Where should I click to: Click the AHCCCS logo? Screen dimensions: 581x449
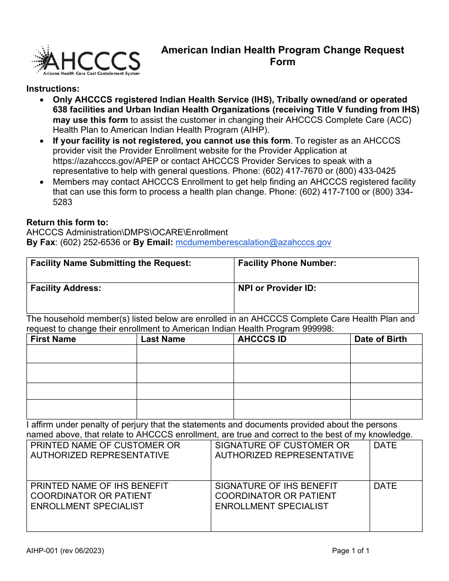(86, 60)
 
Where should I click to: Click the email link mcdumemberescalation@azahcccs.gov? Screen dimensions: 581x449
(253, 242)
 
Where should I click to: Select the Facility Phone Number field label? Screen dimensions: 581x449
(287, 264)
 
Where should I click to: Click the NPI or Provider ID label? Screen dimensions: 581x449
(277, 288)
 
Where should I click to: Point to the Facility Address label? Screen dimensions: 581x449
(66, 288)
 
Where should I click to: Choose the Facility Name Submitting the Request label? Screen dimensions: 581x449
(111, 264)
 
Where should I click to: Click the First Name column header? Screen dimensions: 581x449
(53, 339)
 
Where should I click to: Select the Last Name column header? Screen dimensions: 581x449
(163, 339)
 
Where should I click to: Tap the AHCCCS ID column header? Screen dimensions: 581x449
(262, 339)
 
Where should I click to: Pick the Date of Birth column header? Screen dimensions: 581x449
(380, 339)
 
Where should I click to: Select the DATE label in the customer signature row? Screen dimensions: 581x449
(385, 445)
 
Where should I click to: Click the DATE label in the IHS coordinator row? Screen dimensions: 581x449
(385, 486)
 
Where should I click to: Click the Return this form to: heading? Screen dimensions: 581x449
(67, 222)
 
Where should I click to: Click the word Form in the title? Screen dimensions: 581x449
(283, 62)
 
